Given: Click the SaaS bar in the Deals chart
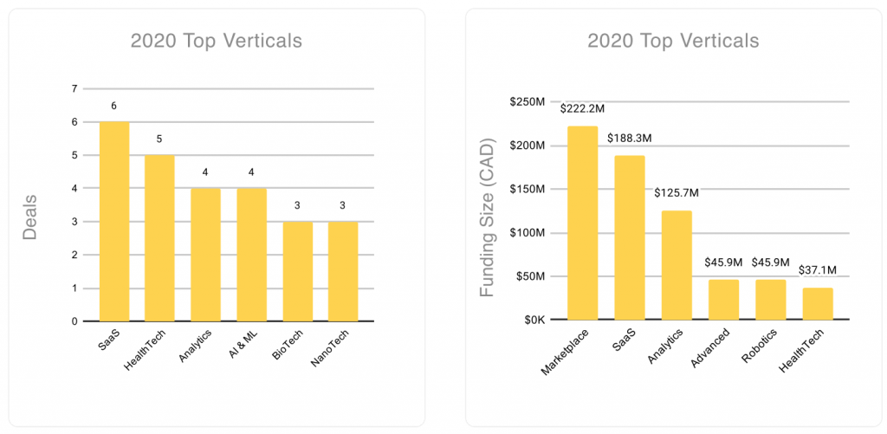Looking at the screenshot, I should point(114,222).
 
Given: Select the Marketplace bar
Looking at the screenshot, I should point(583,223).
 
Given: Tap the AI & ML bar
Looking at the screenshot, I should point(251,255).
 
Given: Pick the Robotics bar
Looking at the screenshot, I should point(771,300).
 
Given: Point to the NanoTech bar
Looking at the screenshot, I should point(342,271).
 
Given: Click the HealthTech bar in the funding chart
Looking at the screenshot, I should point(818,304).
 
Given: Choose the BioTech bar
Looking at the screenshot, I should point(297,271).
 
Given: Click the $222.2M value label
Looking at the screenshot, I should point(583,109).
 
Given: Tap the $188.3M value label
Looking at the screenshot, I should point(630,139).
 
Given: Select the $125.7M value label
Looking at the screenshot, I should point(677,193).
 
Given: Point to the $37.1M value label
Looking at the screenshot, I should point(818,270).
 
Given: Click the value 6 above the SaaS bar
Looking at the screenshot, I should point(114,106).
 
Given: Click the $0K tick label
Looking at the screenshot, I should point(530,321).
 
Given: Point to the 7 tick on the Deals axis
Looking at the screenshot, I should point(75,89).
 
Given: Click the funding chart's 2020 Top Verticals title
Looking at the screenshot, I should point(672,41).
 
